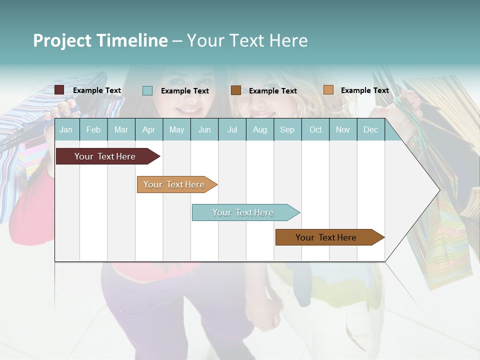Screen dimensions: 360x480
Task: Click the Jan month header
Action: click(x=66, y=130)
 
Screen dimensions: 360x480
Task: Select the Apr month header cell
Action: click(x=149, y=130)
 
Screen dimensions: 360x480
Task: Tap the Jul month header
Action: click(x=232, y=130)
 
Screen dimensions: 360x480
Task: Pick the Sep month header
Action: click(x=287, y=130)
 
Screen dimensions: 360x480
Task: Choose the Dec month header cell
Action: click(x=370, y=130)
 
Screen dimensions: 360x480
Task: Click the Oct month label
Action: click(x=315, y=130)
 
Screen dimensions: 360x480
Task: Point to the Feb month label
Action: click(x=93, y=130)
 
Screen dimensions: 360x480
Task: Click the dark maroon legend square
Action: click(x=59, y=90)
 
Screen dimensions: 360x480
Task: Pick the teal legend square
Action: click(x=147, y=90)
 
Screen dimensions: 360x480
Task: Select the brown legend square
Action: click(x=236, y=90)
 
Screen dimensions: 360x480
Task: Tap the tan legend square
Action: click(x=328, y=89)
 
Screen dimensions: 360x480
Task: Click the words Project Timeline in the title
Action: click(x=100, y=40)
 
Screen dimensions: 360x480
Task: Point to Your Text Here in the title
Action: click(x=247, y=40)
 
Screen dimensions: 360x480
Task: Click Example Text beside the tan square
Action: click(x=364, y=90)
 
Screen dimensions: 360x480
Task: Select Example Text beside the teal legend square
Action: click(x=184, y=91)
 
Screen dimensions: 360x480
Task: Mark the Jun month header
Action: click(x=204, y=130)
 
